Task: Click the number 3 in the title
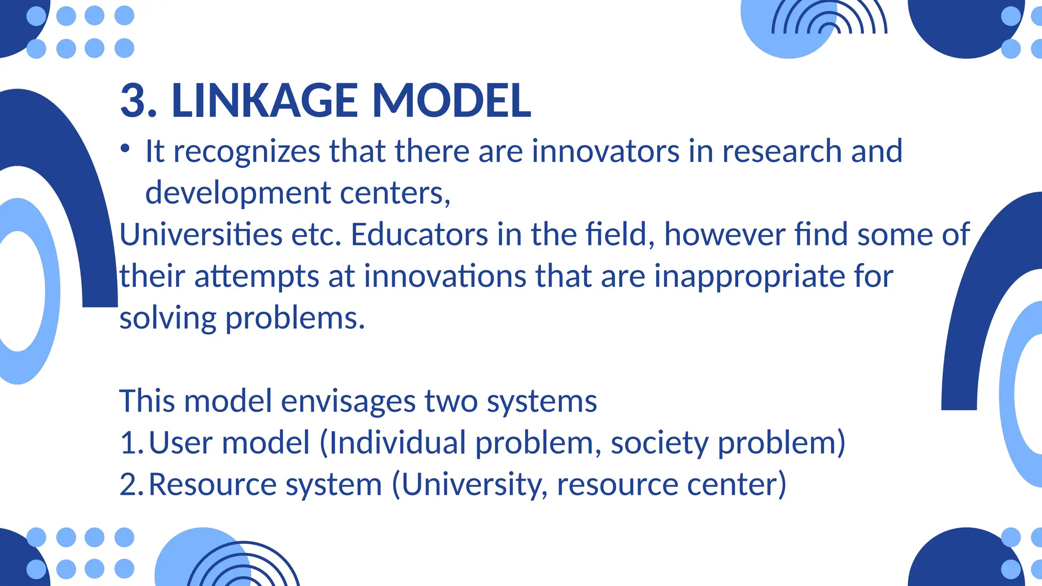pyautogui.click(x=133, y=100)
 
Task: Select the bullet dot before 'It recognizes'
pyautogui.click(x=125, y=149)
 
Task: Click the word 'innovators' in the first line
pyautogui.click(x=605, y=151)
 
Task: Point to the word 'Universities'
pyautogui.click(x=200, y=235)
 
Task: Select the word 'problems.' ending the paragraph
pyautogui.click(x=295, y=319)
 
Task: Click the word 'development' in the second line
pyautogui.click(x=238, y=194)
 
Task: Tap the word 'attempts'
pyautogui.click(x=257, y=277)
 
